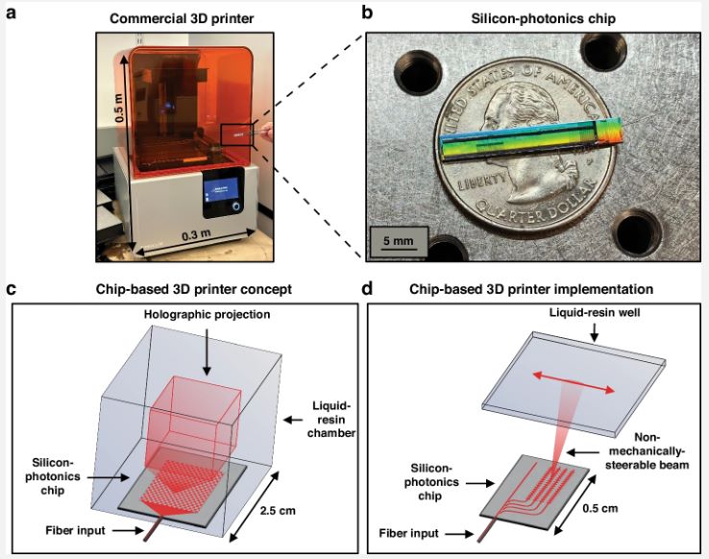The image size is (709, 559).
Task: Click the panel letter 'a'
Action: [x=12, y=13]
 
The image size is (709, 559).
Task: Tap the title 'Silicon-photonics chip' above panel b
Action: [x=543, y=18]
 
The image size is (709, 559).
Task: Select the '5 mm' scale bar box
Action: [x=399, y=241]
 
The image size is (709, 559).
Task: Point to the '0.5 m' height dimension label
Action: [x=119, y=108]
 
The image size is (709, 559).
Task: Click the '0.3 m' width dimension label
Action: [x=196, y=236]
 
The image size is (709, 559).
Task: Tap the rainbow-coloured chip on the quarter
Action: [x=532, y=139]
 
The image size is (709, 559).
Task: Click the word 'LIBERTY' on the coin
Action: [x=480, y=181]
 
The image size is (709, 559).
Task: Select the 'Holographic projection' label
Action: [x=207, y=314]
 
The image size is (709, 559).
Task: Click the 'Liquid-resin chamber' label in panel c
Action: [x=331, y=420]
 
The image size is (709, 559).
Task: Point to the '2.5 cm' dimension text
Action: [x=278, y=511]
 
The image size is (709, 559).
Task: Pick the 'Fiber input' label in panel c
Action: [x=75, y=530]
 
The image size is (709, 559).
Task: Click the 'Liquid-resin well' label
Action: [x=594, y=312]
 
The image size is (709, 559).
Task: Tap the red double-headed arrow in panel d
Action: [x=574, y=382]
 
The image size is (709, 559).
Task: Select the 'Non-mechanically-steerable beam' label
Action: [x=648, y=450]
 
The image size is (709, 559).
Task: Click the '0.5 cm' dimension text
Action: [x=599, y=508]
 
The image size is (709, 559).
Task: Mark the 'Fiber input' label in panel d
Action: [x=408, y=533]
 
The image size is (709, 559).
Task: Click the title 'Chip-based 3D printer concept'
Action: [x=193, y=289]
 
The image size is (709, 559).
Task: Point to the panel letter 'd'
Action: [x=367, y=289]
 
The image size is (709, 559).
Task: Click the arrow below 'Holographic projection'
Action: [x=207, y=352]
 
